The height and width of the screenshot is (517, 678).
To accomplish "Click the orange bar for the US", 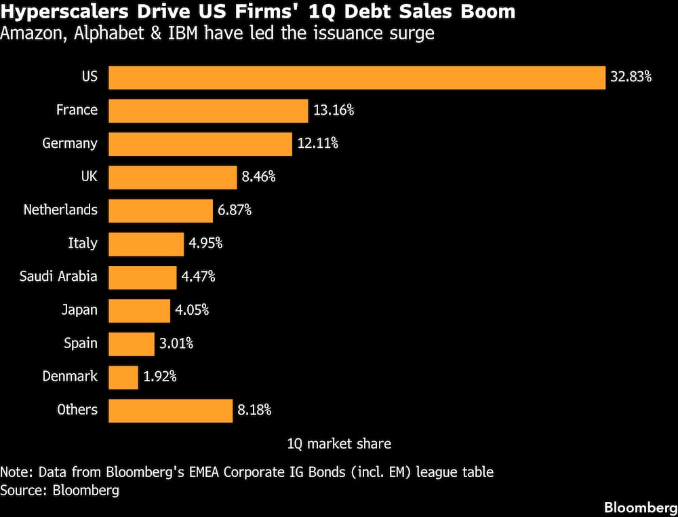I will [357, 77].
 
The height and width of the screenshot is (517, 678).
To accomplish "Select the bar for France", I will [209, 110].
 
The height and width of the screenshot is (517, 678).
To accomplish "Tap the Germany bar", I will [201, 143].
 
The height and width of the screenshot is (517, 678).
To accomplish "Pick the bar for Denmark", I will [123, 377].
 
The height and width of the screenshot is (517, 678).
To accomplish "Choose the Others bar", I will [171, 410].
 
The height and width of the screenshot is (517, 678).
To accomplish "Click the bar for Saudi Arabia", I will [142, 277].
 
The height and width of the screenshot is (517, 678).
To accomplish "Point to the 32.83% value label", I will [631, 77].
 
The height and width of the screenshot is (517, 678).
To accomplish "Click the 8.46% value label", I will [259, 177].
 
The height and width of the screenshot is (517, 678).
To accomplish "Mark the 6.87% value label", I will [235, 210].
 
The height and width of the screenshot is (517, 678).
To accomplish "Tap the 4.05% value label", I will [192, 310].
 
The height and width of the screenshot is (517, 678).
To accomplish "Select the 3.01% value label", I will [176, 343].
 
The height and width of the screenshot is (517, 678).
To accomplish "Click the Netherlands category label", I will [60, 210].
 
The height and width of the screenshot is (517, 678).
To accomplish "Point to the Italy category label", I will [83, 243].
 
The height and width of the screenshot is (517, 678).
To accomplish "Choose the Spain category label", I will [81, 343].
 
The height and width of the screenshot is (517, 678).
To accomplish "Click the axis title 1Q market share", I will [339, 444].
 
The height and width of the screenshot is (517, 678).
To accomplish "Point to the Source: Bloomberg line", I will [60, 490].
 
